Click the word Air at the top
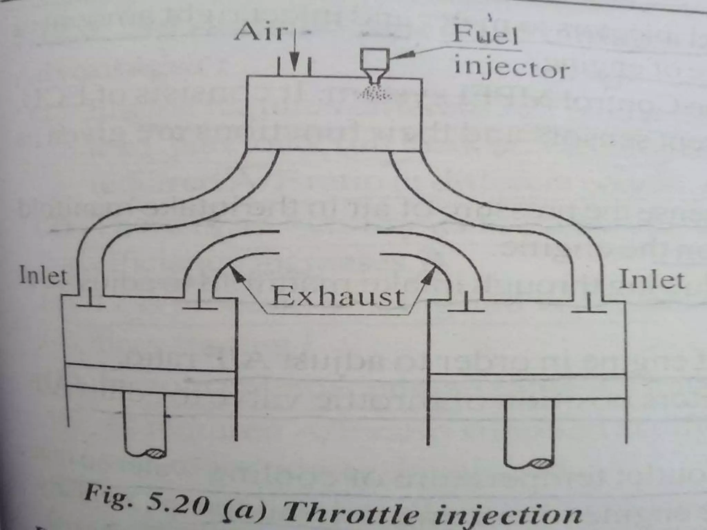[x=260, y=32]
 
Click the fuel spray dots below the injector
[x=375, y=94]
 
